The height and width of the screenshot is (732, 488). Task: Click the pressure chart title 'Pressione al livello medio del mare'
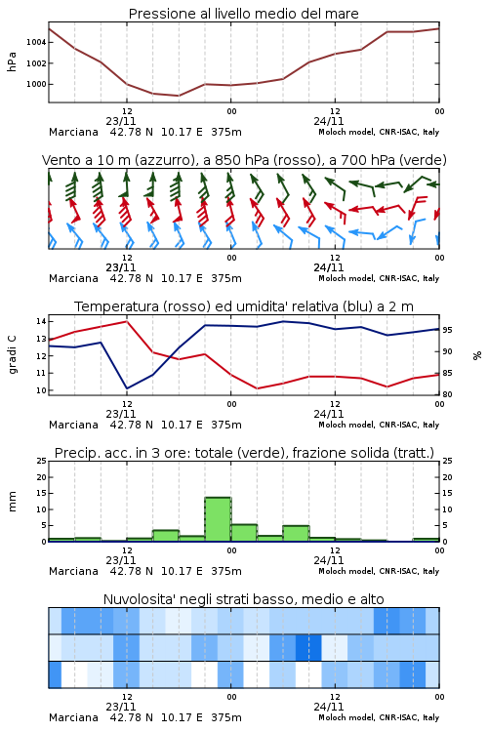click(x=243, y=14)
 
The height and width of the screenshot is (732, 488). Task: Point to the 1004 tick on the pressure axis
click(x=36, y=42)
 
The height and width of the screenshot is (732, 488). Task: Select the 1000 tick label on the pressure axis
click(x=36, y=85)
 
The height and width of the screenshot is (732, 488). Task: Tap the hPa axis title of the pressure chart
click(x=12, y=61)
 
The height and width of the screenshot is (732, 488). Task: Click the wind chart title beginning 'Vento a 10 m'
click(x=244, y=160)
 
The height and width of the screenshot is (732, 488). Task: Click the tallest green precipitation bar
click(x=218, y=519)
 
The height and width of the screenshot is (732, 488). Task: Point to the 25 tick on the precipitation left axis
click(x=42, y=461)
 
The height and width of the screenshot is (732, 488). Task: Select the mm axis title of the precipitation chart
click(x=12, y=502)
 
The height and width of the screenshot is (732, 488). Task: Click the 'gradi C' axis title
click(x=12, y=354)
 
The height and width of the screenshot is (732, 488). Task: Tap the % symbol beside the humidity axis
click(x=477, y=355)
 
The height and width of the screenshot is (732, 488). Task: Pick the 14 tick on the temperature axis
click(x=41, y=321)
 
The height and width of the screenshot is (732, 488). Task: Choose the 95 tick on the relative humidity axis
click(x=447, y=330)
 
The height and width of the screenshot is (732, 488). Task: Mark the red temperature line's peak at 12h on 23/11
click(x=127, y=321)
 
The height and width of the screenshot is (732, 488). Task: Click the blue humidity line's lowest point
click(x=127, y=388)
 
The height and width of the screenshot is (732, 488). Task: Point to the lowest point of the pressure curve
click(x=178, y=96)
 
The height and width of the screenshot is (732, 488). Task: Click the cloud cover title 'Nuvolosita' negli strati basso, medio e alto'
click(x=243, y=599)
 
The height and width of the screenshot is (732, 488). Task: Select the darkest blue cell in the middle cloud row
click(x=307, y=647)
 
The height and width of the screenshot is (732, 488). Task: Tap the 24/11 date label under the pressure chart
click(x=329, y=121)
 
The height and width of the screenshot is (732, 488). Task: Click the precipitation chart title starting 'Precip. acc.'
click(x=244, y=453)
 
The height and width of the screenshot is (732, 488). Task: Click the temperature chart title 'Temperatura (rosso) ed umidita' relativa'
click(x=244, y=306)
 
